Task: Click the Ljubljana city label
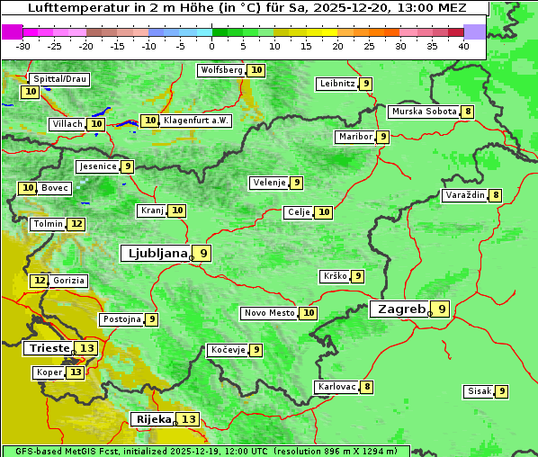[155, 253]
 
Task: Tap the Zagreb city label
[400, 309]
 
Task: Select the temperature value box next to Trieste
[87, 348]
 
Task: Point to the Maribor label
[354, 137]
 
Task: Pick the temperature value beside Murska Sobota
[468, 112]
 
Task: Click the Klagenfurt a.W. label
[196, 121]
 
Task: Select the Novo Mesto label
[269, 313]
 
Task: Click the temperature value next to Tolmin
[77, 224]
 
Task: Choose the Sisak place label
[478, 391]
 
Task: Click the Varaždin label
[464, 195]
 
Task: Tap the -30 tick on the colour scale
[23, 46]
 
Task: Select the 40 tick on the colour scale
[463, 46]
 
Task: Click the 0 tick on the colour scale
[211, 46]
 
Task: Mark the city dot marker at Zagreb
[430, 315]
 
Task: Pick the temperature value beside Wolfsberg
[257, 70]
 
